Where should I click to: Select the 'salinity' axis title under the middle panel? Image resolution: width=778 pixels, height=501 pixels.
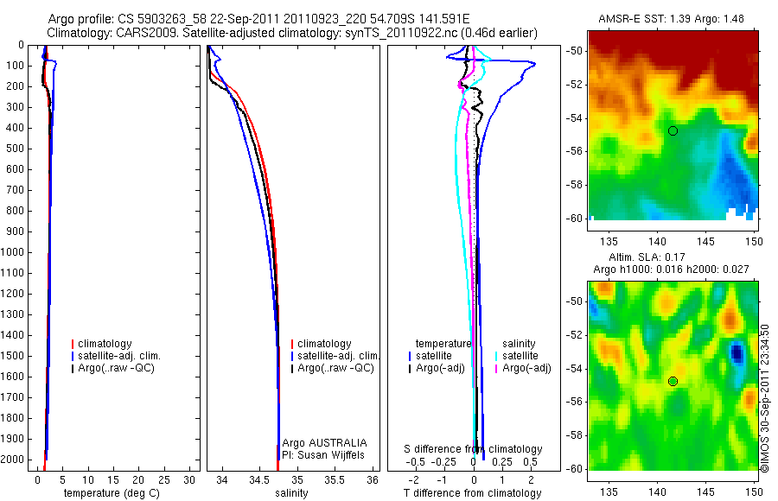[x=291, y=493]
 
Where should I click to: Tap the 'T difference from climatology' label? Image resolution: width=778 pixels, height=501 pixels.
[x=472, y=493]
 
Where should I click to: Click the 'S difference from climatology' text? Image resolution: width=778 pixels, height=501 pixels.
[x=474, y=449]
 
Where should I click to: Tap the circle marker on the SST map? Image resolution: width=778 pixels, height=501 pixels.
[x=673, y=130]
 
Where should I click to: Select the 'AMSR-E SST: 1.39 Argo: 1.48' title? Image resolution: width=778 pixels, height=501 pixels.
[x=672, y=19]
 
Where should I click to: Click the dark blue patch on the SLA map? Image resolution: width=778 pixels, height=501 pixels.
[x=736, y=352]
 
